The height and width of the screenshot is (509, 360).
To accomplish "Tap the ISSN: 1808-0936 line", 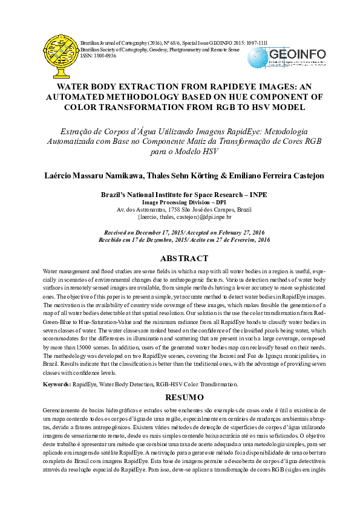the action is click(97, 55).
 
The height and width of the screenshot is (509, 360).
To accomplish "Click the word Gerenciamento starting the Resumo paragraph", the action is click(65, 410).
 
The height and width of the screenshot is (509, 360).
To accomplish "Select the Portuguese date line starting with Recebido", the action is click(184, 240).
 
